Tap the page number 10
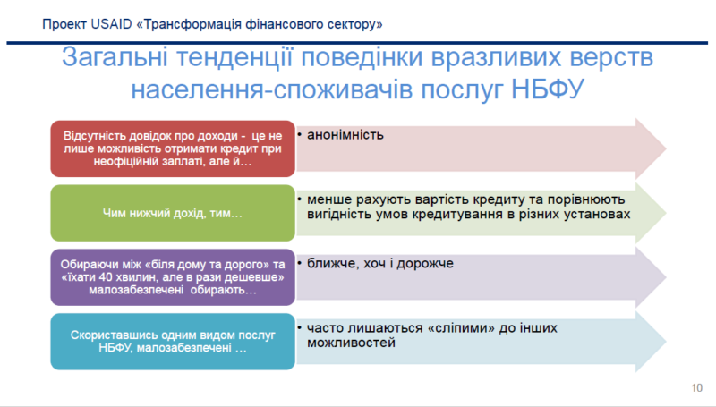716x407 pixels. (x=696, y=386)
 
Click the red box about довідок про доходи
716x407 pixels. (x=173, y=148)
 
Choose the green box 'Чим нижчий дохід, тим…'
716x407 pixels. (x=173, y=214)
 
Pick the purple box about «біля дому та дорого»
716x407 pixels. (x=173, y=277)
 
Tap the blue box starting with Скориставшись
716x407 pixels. (x=173, y=341)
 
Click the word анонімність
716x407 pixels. (x=345, y=135)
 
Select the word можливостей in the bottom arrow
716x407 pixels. (x=351, y=343)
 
